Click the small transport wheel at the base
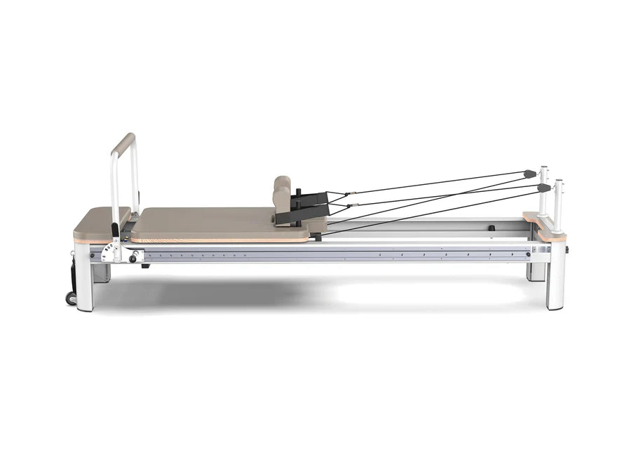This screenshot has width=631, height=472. point(71,298)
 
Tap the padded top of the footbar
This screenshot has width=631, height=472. point(123,142)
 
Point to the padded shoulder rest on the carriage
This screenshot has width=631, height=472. point(282,194)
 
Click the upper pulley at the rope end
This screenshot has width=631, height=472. point(529,173)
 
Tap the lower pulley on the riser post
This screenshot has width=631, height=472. point(543,188)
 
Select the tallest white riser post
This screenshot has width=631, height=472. point(543,193)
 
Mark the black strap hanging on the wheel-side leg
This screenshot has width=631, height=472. point(73,272)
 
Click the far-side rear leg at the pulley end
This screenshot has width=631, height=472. point(536,271)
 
